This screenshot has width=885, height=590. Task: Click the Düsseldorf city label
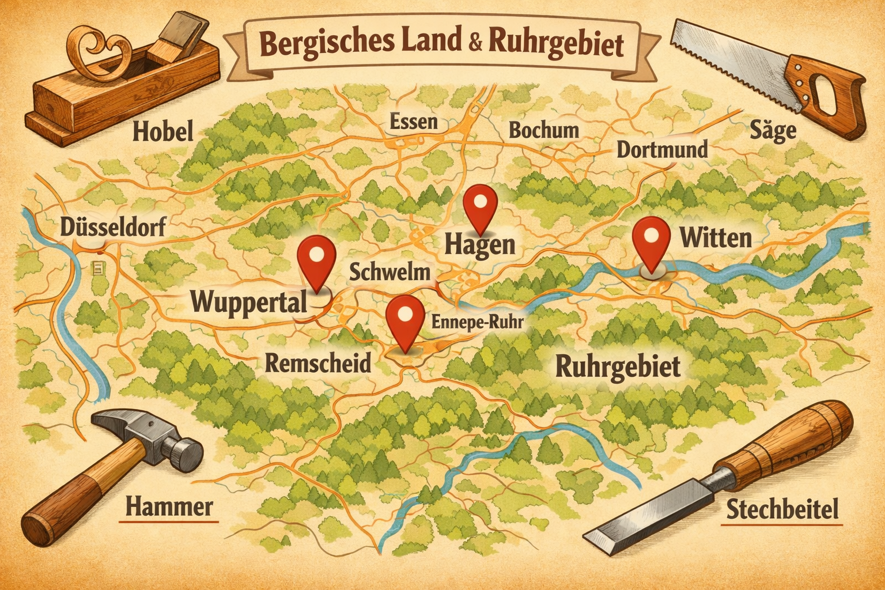113,227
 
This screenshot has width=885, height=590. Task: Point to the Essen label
413,122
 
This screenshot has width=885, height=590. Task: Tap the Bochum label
543,130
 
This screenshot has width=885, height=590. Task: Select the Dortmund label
662,150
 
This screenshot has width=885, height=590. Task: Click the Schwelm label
390,272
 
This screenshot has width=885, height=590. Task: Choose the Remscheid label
318,363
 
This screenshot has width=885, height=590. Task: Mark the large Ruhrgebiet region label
618,366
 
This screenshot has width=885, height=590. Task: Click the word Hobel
163,132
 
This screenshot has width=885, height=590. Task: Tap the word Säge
773,131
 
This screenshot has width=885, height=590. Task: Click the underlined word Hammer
169,507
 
